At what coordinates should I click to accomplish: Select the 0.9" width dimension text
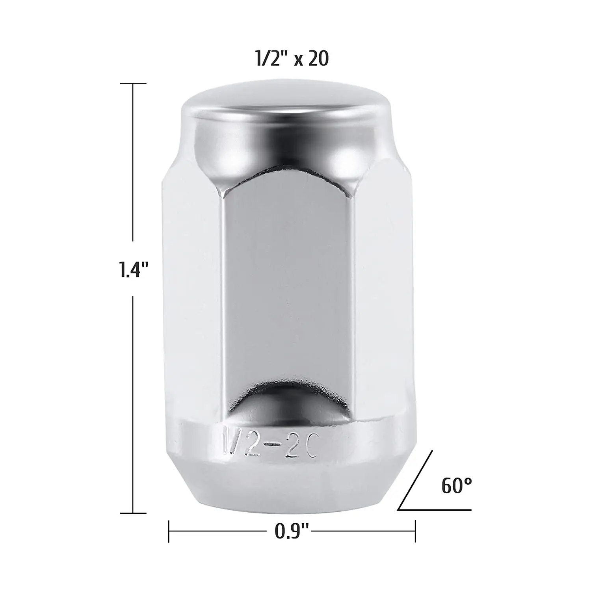(x=292, y=532)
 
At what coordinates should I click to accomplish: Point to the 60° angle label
(x=456, y=486)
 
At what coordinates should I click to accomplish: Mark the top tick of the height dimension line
(x=133, y=84)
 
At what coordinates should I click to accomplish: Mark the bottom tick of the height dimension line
(x=133, y=513)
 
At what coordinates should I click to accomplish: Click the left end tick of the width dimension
(x=169, y=532)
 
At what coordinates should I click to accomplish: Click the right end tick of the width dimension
(x=415, y=532)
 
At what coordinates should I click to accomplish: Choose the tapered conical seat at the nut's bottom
(x=285, y=485)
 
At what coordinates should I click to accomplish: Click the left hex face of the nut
(x=193, y=299)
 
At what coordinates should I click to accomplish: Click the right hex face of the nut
(x=378, y=299)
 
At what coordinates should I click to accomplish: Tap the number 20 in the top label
(x=318, y=59)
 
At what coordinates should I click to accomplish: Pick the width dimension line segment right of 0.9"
(x=362, y=532)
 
